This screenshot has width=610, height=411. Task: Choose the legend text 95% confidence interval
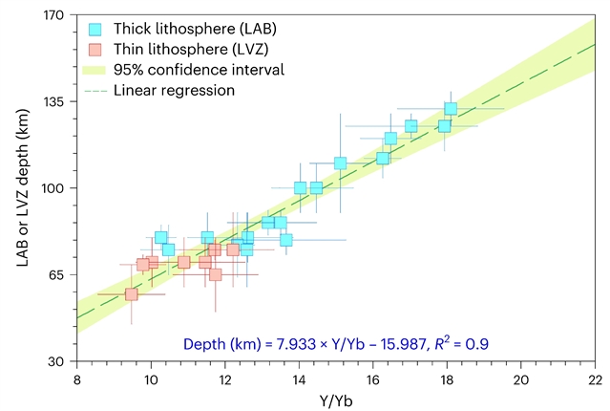(199, 70)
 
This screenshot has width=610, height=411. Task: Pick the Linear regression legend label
(174, 90)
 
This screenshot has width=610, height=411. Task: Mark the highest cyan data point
(451, 109)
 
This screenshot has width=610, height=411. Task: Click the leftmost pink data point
(132, 294)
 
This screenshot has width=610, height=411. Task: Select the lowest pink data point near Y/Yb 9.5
(132, 294)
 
